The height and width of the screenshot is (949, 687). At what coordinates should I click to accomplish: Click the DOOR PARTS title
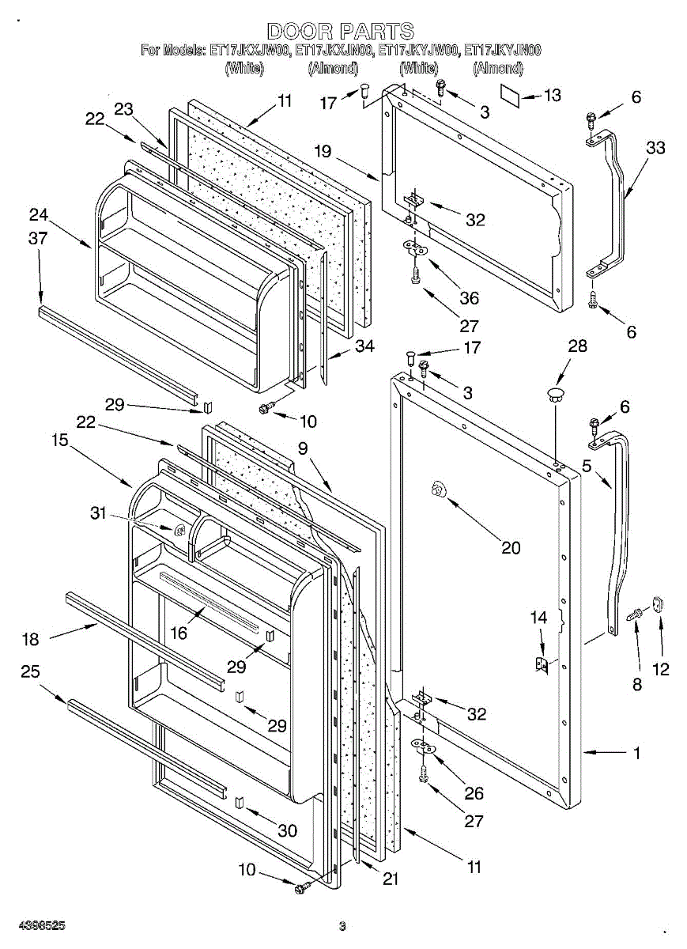pyautogui.click(x=341, y=32)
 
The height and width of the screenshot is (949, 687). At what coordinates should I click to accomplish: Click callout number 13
pyautogui.click(x=553, y=96)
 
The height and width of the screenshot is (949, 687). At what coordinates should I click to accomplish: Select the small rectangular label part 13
pyautogui.click(x=510, y=93)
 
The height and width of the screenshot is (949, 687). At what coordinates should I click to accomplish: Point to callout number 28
pyautogui.click(x=578, y=345)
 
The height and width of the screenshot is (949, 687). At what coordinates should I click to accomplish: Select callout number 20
pyautogui.click(x=511, y=546)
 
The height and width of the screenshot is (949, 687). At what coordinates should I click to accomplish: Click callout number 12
pyautogui.click(x=661, y=669)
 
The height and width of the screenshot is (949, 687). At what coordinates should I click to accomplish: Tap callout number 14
pyautogui.click(x=538, y=616)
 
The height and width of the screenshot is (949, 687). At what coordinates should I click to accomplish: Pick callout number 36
pyautogui.click(x=470, y=298)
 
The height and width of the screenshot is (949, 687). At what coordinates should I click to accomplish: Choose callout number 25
pyautogui.click(x=31, y=671)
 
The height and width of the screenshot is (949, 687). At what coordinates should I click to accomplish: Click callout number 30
pyautogui.click(x=288, y=830)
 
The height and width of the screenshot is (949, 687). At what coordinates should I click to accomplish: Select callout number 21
pyautogui.click(x=390, y=878)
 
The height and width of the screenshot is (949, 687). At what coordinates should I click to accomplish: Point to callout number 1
pyautogui.click(x=636, y=753)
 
